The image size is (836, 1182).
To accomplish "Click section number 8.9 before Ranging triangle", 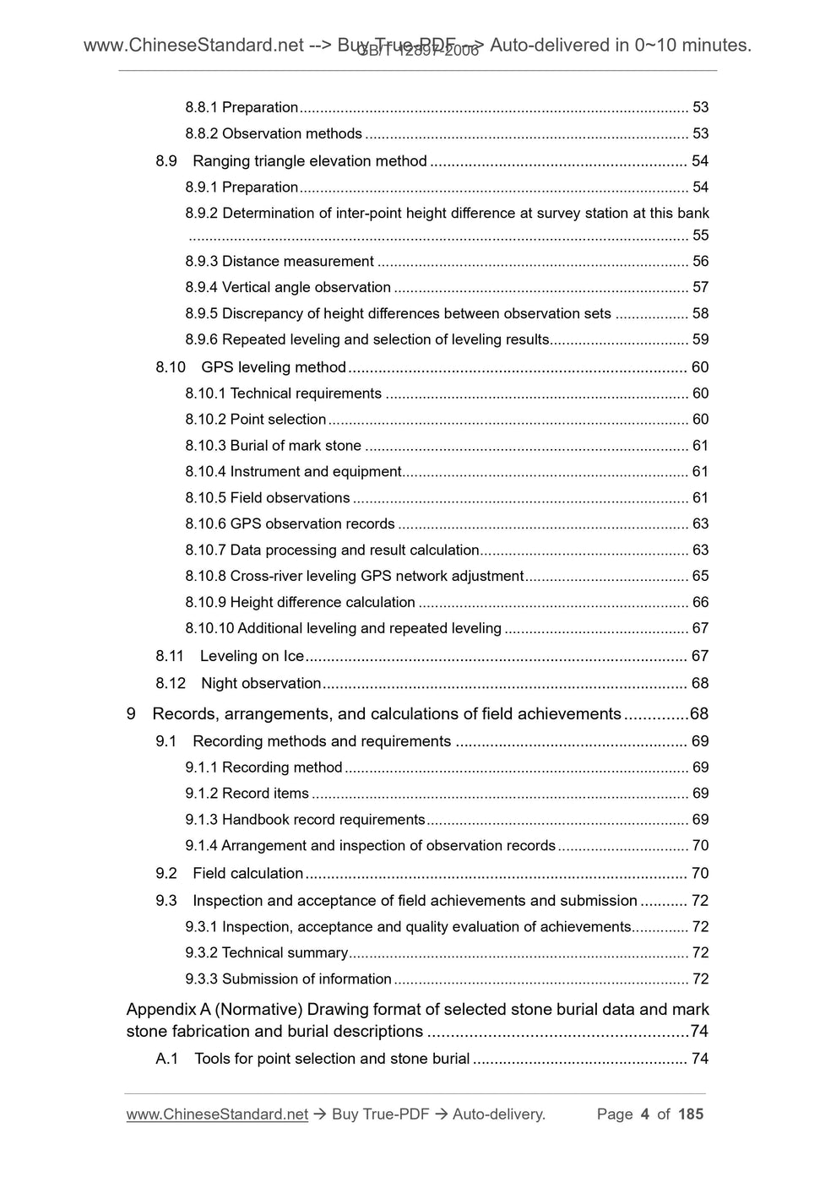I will point(166,161).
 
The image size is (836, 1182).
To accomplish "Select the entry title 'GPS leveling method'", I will point(274,367).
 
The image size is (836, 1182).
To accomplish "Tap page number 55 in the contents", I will point(700,236).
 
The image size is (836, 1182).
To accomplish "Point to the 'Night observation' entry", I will point(261,683).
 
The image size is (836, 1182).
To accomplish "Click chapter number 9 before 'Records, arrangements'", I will point(131,714).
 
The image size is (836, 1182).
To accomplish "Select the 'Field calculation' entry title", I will point(247,874).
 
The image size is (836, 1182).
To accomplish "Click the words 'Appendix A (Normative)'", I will point(214,1010).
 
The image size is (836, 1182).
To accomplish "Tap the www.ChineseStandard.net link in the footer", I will point(217,1114).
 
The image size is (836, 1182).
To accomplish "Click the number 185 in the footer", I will point(690,1114).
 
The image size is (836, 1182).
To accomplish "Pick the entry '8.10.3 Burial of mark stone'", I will point(273,446).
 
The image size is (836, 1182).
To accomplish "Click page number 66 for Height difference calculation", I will point(700,603).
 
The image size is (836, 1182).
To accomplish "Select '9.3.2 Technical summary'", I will point(266,953).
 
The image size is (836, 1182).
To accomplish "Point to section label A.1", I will point(166,1059).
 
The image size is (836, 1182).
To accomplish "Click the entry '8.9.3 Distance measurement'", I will point(280,262).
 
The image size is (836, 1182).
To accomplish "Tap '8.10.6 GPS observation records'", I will point(290,524).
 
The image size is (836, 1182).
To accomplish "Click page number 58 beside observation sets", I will point(700,314).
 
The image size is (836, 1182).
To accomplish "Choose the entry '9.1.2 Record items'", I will point(247,794).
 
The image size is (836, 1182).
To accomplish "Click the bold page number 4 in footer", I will point(645,1114).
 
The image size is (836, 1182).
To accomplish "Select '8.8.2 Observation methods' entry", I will point(274,133).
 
